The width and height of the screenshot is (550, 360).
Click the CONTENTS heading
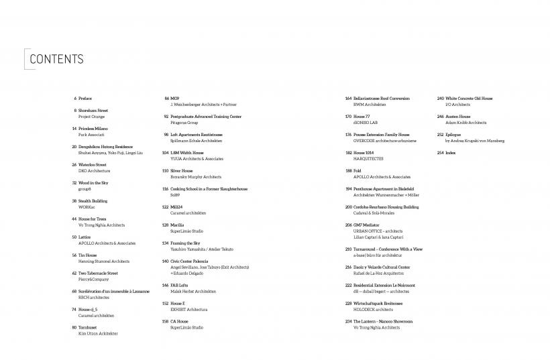(56, 59)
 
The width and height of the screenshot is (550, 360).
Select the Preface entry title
(85, 99)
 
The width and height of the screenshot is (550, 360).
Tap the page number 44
(74, 219)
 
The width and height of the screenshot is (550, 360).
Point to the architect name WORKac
(86, 207)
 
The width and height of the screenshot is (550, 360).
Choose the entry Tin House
(88, 255)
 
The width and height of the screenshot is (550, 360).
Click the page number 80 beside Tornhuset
(74, 327)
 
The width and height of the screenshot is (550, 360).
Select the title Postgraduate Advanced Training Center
(206, 117)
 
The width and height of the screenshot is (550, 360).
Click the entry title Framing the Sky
(185, 243)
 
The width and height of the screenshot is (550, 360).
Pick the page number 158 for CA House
(165, 322)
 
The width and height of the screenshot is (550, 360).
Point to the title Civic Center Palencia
(190, 261)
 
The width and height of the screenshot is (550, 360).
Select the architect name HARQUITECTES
(368, 159)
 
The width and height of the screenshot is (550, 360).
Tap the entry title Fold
(357, 171)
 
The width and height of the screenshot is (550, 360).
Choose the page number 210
(348, 249)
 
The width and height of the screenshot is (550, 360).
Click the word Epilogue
(454, 135)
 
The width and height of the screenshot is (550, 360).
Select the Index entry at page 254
(451, 153)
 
